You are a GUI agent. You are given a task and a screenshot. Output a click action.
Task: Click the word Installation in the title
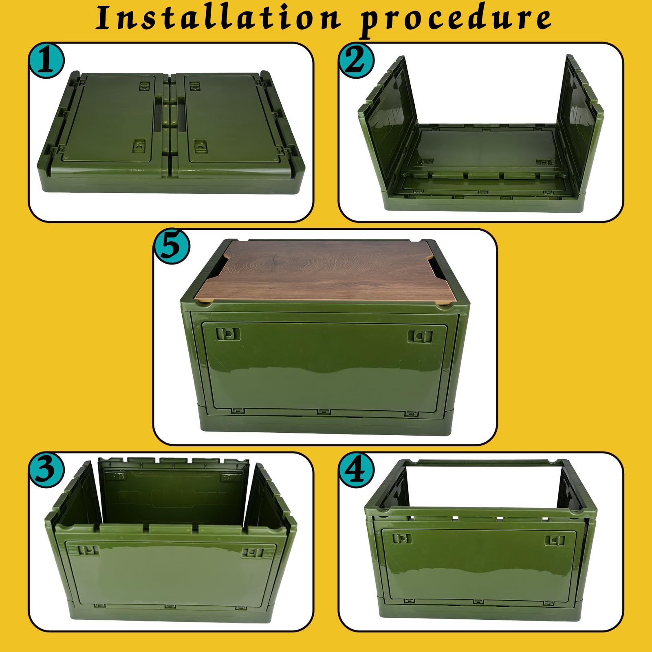click(x=218, y=18)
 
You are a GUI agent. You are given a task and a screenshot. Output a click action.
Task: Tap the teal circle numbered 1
click(x=46, y=61)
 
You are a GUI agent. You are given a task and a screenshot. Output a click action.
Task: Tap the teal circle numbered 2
click(x=356, y=61)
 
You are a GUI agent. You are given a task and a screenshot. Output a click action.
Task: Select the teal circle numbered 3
click(x=46, y=469)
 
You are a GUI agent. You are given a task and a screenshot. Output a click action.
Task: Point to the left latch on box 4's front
click(x=402, y=539)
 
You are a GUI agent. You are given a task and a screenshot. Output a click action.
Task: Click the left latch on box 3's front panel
click(x=88, y=550)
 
